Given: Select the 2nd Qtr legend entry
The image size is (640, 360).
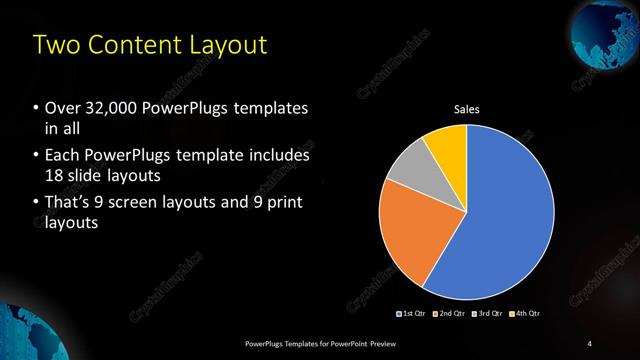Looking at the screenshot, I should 451,314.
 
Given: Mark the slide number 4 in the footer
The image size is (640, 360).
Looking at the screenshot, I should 589,344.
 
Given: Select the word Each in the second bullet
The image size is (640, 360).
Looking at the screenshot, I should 63,156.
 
